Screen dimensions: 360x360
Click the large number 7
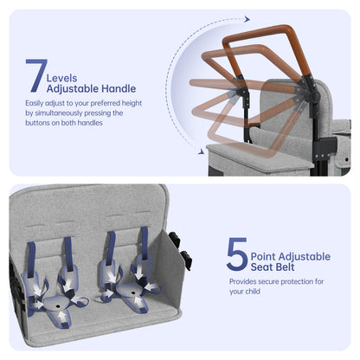coord(36,75)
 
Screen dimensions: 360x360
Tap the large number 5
coord(237,254)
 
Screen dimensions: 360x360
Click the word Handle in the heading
coord(119,88)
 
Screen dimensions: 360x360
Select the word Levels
coord(61,78)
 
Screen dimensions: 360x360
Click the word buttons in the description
coord(35,123)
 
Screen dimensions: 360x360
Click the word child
coord(253,292)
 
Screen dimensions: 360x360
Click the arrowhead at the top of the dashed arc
coord(247,19)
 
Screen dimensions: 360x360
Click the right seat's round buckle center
coord(132,293)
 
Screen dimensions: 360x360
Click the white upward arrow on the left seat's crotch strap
coord(62,317)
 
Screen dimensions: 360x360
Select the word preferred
coord(106,103)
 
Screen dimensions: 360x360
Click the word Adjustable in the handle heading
coord(73,89)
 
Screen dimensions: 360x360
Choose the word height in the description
coord(132,103)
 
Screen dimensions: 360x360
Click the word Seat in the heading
coord(261,267)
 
